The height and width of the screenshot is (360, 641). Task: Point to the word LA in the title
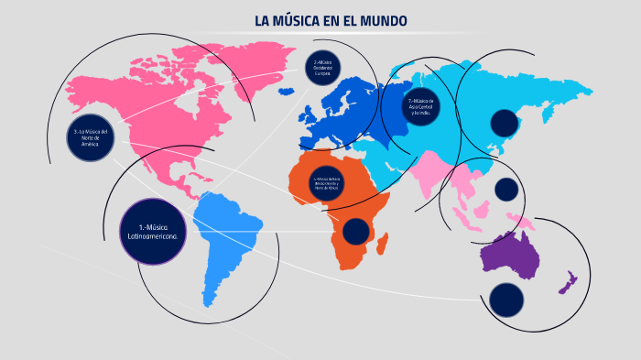click(x=264, y=21)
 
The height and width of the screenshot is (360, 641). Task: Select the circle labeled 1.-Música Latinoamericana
click(x=154, y=231)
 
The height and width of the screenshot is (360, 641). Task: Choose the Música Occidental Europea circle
click(x=321, y=66)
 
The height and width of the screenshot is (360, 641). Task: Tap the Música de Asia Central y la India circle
click(x=422, y=106)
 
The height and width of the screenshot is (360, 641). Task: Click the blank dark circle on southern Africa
click(x=355, y=232)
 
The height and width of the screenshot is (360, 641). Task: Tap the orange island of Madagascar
click(x=382, y=243)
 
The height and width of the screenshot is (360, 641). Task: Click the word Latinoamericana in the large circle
click(x=154, y=235)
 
